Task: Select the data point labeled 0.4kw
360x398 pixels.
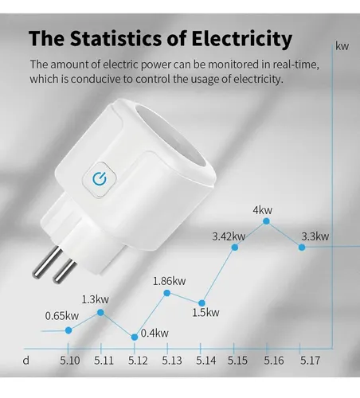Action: [x=134, y=337]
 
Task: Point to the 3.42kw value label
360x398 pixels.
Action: [x=229, y=236]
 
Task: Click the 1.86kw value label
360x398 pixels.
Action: [x=169, y=280]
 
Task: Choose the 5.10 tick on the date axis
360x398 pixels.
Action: [x=70, y=361]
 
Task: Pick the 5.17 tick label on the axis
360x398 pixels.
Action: [x=310, y=361]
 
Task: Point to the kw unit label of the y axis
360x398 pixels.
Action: [x=342, y=46]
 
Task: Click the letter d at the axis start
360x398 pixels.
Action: [x=26, y=361]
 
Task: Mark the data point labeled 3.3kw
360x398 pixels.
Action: [x=301, y=247]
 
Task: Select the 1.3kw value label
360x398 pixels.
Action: [x=95, y=299]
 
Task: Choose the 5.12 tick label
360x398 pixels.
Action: [x=137, y=361]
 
